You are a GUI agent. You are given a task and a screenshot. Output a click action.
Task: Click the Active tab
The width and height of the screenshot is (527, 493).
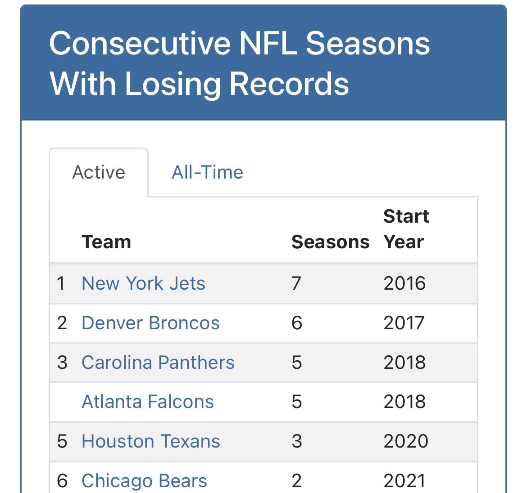click(99, 172)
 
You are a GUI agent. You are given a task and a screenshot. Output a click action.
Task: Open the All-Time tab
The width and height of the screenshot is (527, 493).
click(207, 172)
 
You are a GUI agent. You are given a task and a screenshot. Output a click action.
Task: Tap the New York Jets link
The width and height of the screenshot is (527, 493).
click(143, 283)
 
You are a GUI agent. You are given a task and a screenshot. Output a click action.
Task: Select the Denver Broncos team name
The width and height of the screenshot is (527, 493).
click(150, 323)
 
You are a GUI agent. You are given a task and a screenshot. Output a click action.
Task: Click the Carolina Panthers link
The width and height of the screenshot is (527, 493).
click(158, 363)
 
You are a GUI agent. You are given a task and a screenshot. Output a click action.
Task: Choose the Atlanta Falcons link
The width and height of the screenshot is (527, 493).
click(148, 402)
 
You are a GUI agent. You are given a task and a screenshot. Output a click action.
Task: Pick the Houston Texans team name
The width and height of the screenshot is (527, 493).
click(151, 441)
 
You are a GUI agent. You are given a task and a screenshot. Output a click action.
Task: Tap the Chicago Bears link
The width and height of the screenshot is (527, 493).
click(144, 481)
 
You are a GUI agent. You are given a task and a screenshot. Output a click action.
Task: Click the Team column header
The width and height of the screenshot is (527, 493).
click(106, 242)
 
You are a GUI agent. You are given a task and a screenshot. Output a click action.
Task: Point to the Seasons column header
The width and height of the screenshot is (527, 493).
click(330, 242)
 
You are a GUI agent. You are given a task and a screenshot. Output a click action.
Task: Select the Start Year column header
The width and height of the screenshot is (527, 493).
click(406, 229)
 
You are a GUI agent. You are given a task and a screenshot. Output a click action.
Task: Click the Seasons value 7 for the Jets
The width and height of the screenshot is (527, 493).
click(296, 283)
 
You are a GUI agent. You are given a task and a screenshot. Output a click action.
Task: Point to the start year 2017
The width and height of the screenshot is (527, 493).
click(404, 323)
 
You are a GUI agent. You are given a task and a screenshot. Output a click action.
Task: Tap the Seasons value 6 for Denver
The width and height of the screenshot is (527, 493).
click(296, 323)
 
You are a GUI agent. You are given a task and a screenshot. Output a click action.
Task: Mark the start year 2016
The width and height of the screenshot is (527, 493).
click(404, 283)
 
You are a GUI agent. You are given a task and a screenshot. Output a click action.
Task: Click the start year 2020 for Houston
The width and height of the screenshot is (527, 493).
click(405, 441)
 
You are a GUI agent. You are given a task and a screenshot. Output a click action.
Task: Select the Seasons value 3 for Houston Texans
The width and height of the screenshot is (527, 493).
click(296, 441)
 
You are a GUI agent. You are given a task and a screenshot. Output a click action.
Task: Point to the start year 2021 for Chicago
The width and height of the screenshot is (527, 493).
click(404, 481)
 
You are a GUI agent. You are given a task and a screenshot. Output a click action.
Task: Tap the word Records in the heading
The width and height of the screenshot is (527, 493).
click(289, 84)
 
